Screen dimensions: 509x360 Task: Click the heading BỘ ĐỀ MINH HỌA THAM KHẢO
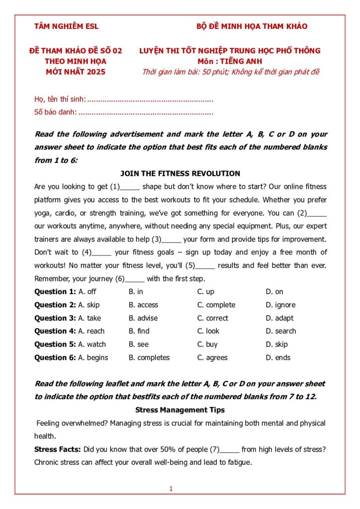pos(252,26)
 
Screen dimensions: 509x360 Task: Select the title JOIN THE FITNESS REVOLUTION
pos(180,173)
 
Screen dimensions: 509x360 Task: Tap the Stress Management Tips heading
pos(180,410)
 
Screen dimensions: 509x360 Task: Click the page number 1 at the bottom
pos(171,489)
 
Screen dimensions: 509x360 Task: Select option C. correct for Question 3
pos(213,318)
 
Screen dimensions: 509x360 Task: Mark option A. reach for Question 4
pos(91,331)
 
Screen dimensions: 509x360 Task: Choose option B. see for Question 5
pos(138,344)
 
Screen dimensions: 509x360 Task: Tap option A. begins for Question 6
pos(93,357)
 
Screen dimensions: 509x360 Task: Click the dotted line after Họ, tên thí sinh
pos(150,100)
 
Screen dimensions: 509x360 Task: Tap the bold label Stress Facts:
pos(57,449)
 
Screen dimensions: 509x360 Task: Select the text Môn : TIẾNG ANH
pos(229,61)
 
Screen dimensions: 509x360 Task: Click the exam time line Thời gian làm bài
pos(230,72)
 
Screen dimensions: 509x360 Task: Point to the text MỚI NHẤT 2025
pos(76,72)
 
